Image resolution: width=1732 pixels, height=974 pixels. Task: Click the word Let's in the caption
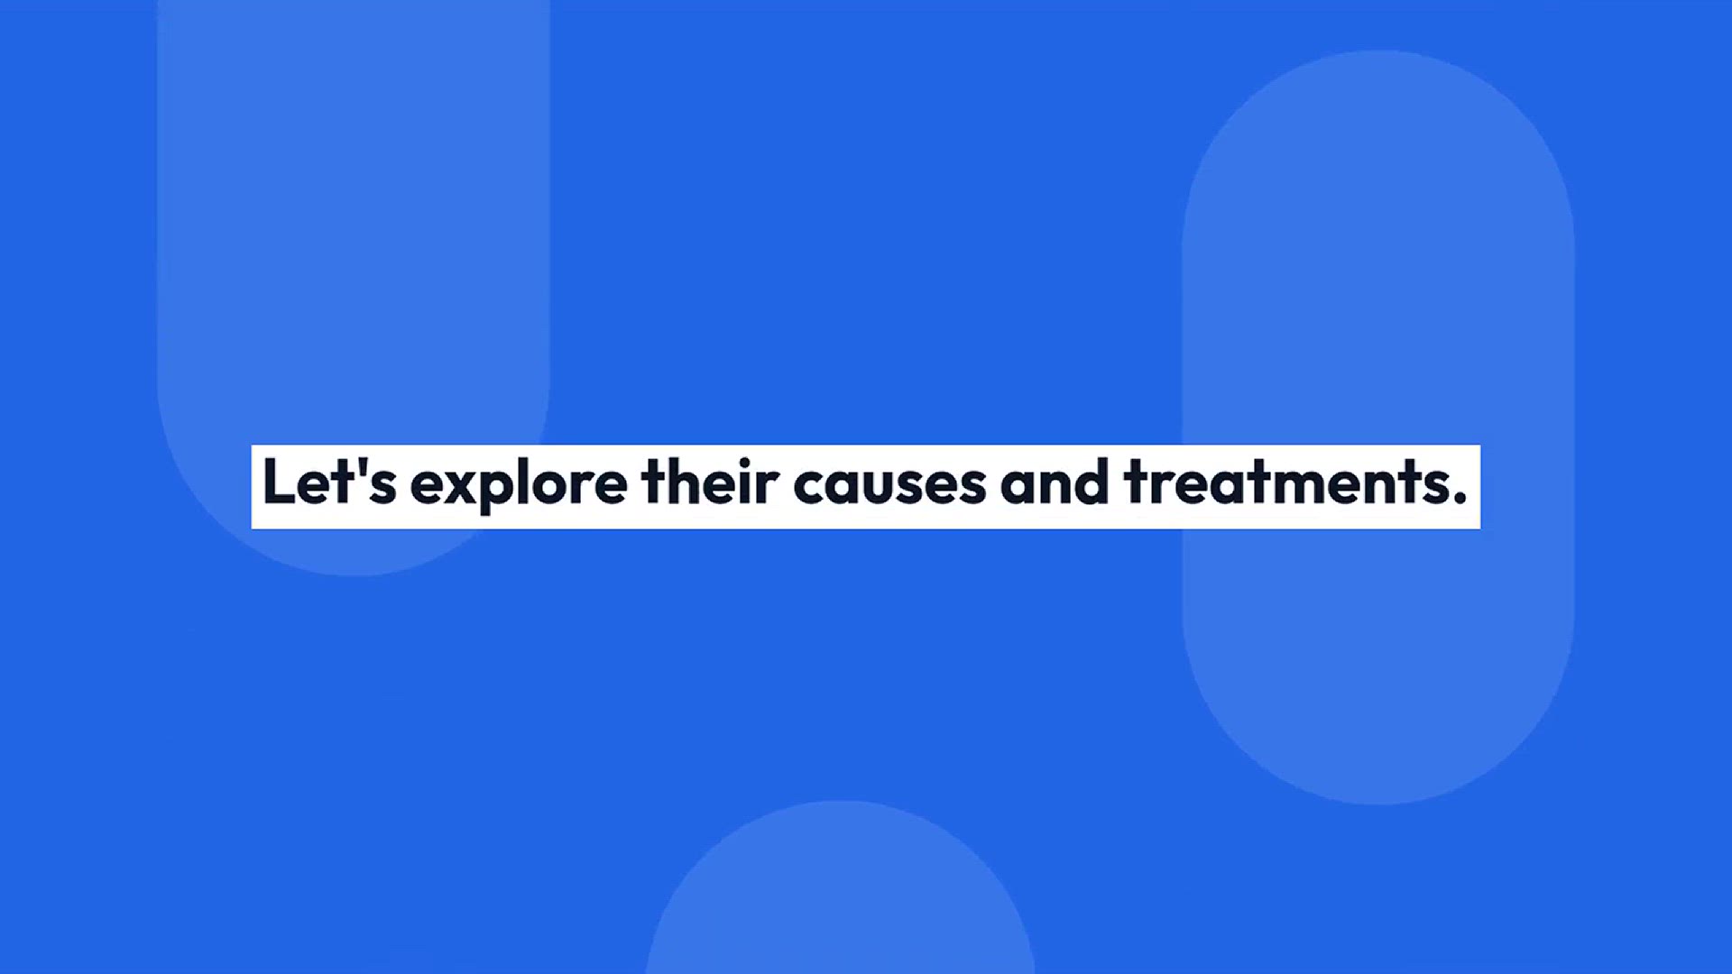(x=329, y=482)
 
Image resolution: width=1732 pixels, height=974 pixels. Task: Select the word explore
(x=519, y=485)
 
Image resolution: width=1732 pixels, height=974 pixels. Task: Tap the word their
(x=711, y=482)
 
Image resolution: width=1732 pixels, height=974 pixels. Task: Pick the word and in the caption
(x=1055, y=482)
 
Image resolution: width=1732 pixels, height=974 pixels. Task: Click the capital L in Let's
(x=279, y=482)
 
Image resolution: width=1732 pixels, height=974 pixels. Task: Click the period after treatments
(x=1460, y=498)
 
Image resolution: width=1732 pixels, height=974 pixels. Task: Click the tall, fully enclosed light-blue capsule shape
(x=1378, y=427)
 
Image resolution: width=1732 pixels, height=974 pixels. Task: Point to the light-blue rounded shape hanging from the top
(x=354, y=271)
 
